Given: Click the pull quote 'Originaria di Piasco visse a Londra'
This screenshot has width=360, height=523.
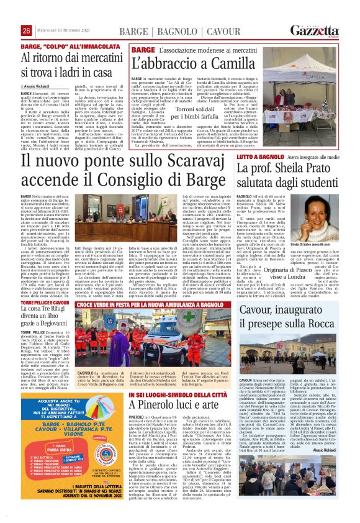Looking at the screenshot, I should tap(291, 273).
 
